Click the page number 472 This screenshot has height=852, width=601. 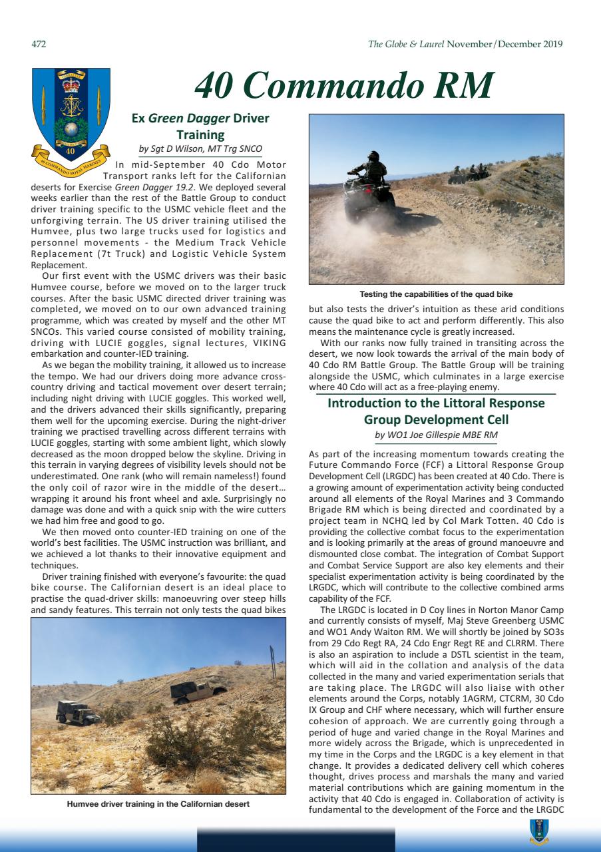tap(39, 45)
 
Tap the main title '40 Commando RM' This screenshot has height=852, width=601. tap(343, 86)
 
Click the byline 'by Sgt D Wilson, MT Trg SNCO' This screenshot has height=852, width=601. tap(200, 148)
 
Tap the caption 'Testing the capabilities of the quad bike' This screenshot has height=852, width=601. tap(436, 294)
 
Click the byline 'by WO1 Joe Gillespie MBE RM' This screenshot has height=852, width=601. tap(436, 435)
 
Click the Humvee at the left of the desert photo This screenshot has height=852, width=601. tap(78, 713)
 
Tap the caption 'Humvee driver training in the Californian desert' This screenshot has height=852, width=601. tap(158, 803)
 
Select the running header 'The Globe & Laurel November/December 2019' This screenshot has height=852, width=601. tap(465, 45)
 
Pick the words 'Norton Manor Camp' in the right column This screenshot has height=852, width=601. tap(524, 610)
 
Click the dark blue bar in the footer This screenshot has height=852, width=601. tap(296, 840)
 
